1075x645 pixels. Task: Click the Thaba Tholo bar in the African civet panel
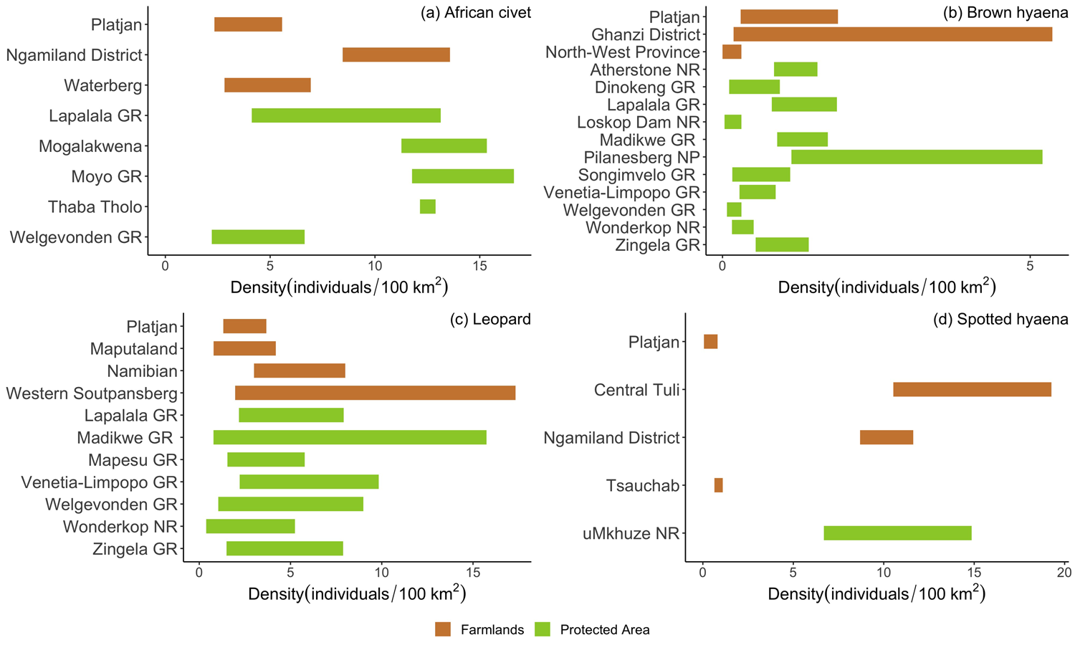(x=428, y=206)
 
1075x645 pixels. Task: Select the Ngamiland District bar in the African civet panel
(x=396, y=55)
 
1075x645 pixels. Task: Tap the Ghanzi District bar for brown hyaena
(x=892, y=34)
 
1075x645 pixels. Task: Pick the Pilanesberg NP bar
(x=917, y=157)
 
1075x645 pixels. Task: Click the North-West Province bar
(x=732, y=52)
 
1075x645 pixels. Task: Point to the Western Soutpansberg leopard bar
(x=375, y=393)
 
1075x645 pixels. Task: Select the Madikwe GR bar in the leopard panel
(x=350, y=437)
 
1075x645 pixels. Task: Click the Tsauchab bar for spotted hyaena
(x=718, y=485)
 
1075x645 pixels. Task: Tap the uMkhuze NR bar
(x=897, y=533)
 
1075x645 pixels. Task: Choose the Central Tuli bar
(x=972, y=389)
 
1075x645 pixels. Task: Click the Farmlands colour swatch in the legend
(x=443, y=629)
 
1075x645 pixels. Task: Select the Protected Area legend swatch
(x=543, y=629)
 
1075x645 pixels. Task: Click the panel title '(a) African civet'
(x=476, y=13)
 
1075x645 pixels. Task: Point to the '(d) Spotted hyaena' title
(x=1000, y=320)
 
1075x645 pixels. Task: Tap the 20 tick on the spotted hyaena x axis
(x=1064, y=573)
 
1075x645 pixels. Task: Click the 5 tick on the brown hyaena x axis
(x=1030, y=266)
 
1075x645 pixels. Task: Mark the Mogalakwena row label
(x=90, y=146)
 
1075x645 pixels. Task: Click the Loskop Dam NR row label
(x=638, y=122)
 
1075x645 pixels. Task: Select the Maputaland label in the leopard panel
(x=133, y=349)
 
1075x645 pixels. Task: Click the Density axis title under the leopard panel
(x=357, y=593)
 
